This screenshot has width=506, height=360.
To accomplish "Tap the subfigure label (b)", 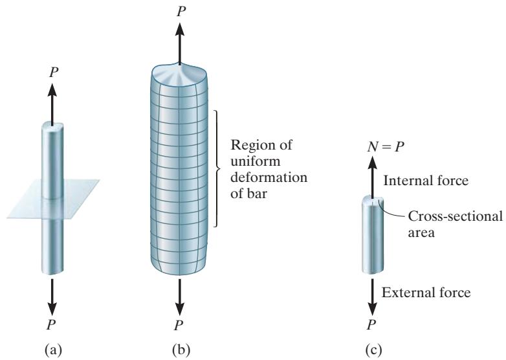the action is (181, 350).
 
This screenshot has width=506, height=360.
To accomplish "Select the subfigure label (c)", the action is (374, 350).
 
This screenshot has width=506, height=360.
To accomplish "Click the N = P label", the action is (386, 147).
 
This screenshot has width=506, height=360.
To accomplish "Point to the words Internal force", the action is (426, 181).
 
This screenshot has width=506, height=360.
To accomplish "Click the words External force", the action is (426, 293).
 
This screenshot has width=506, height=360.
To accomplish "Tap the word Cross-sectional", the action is (455, 216).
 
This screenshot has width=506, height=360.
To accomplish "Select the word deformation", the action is (269, 177).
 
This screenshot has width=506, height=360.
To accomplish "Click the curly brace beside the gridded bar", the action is (217, 168).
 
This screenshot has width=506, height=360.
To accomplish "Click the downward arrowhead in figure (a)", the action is (52, 309).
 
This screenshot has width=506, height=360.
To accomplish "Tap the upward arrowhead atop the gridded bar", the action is (180, 30).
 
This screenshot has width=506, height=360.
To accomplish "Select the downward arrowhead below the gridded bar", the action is (180, 309).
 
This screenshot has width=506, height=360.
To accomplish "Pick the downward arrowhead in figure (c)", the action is (373, 309).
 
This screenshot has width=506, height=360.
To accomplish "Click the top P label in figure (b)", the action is (181, 12).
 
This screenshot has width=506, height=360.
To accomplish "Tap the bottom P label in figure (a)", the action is (51, 325).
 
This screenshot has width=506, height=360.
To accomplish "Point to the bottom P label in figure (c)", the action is (372, 325).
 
